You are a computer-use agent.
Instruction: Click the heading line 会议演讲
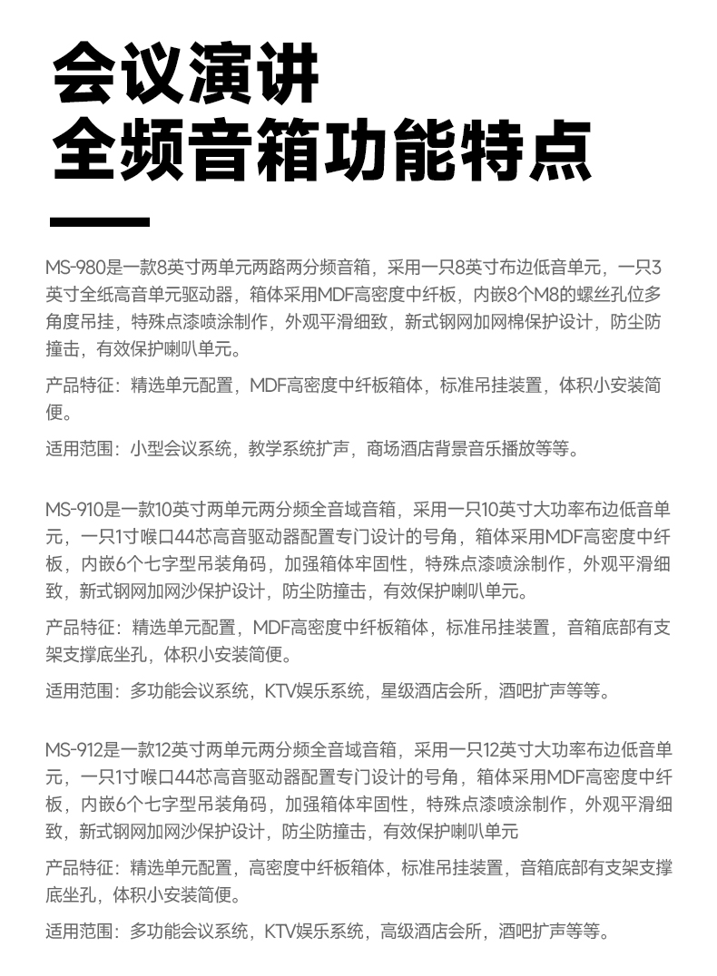(x=187, y=73)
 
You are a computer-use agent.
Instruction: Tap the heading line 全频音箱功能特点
(x=322, y=150)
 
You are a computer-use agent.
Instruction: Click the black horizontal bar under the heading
(x=99, y=222)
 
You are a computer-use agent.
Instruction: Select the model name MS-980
(x=75, y=268)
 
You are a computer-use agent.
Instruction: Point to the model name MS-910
(x=75, y=509)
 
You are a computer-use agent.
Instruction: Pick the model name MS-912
(x=75, y=750)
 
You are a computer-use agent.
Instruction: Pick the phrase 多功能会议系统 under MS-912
(x=190, y=932)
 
